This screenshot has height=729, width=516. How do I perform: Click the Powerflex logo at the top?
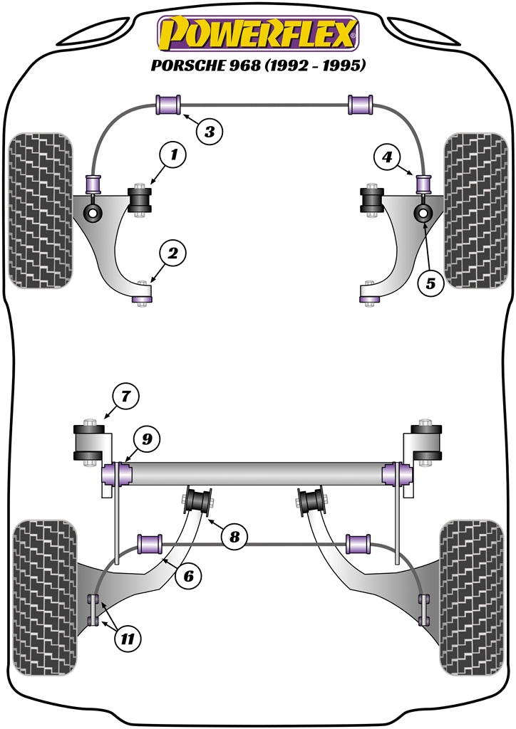pyautogui.click(x=258, y=33)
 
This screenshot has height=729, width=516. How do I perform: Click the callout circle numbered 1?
pyautogui.click(x=174, y=153)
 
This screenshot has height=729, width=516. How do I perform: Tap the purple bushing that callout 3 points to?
pyautogui.click(x=169, y=104)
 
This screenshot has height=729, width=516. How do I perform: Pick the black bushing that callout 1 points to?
pyautogui.click(x=140, y=199)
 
